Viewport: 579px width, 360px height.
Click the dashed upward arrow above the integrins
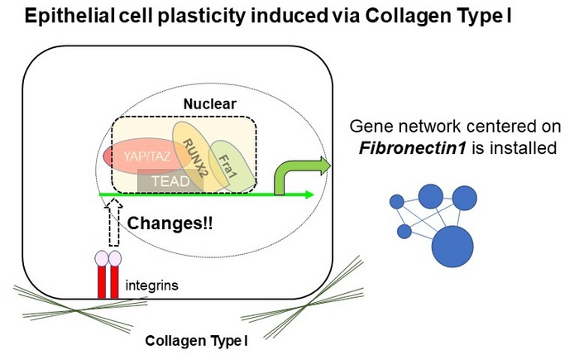coord(115,220)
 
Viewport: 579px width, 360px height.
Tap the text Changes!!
coord(170,223)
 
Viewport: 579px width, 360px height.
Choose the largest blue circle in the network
coord(452,246)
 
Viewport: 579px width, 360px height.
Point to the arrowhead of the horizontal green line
coord(310,194)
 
